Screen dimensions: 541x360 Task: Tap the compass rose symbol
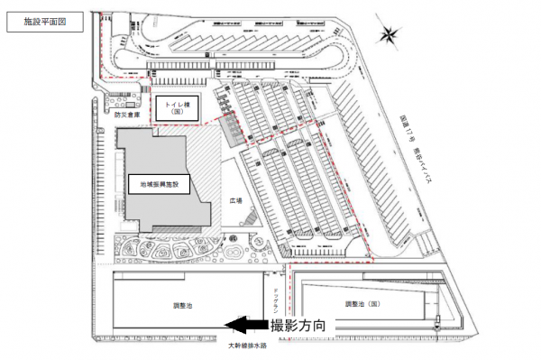(388, 36)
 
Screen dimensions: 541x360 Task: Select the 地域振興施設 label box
(160, 184)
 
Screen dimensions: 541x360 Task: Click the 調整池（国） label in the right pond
(362, 305)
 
